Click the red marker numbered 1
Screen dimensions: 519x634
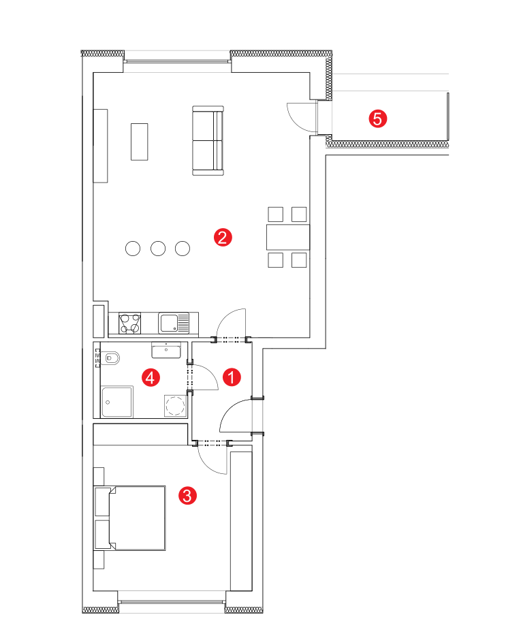[x=232, y=377]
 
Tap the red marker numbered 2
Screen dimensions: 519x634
[x=223, y=238]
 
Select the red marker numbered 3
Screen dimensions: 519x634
[x=187, y=495]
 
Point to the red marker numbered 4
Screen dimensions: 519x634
[x=151, y=377]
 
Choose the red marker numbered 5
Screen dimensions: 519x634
[x=377, y=119]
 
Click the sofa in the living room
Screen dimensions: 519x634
[x=208, y=140]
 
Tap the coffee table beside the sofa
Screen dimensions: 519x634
[x=139, y=142]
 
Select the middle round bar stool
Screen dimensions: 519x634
[x=158, y=249]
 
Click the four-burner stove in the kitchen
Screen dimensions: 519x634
[x=129, y=323]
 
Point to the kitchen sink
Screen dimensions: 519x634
[x=174, y=323]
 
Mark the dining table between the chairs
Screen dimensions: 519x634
[x=288, y=237]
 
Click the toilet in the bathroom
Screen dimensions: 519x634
[x=110, y=358]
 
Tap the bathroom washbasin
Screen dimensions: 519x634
[x=166, y=350]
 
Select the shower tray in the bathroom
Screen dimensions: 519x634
[x=117, y=402]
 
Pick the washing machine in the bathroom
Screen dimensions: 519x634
[x=175, y=406]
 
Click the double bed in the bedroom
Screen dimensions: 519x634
[x=129, y=518]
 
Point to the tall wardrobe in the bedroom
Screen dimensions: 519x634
[x=241, y=521]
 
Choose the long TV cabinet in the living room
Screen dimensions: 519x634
[x=100, y=146]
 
